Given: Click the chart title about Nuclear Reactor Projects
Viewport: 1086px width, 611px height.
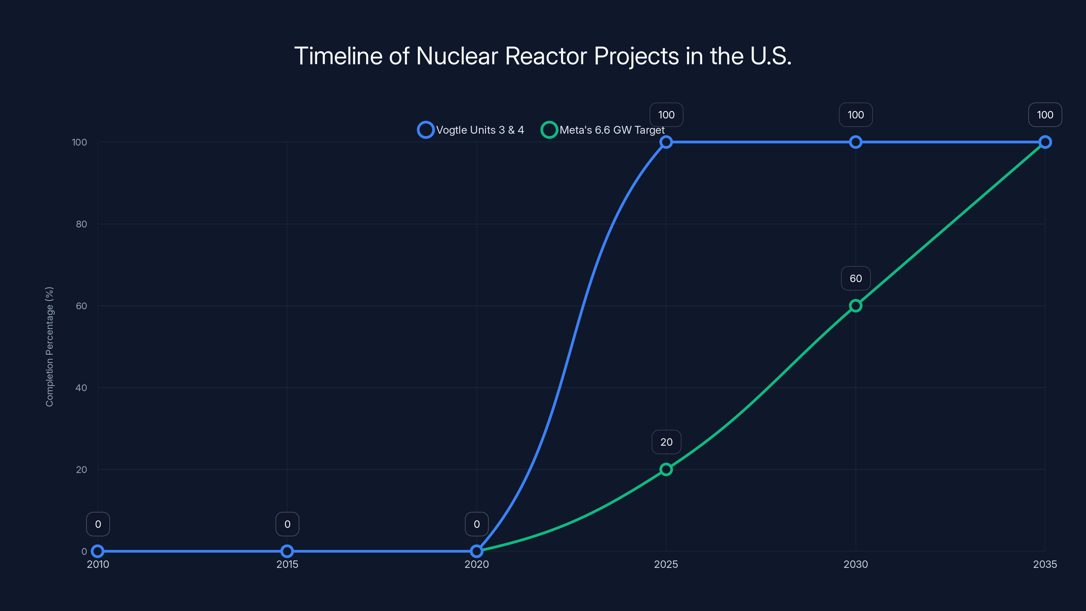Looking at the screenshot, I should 543,56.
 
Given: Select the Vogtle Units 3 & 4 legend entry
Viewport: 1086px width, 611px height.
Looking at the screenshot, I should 471,130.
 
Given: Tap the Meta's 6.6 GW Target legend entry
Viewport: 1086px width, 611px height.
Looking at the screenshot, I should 603,130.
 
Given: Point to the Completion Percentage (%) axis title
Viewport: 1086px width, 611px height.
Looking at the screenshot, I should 49,347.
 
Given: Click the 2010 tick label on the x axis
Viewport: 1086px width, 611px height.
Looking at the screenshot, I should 98,564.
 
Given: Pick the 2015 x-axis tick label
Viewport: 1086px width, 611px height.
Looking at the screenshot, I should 287,564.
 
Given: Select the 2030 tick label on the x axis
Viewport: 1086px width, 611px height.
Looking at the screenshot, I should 855,564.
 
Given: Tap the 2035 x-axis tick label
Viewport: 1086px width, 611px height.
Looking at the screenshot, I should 1045,564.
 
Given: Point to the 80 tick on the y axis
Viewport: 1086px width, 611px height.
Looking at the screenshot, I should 81,224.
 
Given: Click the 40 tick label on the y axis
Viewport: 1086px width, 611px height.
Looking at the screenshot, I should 81,388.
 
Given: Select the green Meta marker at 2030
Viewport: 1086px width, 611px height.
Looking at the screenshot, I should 855,306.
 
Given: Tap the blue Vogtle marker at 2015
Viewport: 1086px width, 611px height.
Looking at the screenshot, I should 287,551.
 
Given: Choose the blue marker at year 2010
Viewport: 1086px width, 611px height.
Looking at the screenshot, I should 98,551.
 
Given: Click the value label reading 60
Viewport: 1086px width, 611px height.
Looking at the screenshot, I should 855,278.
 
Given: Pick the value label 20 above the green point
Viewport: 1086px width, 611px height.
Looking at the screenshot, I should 666,442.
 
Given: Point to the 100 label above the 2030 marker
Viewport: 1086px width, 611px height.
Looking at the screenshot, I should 855,115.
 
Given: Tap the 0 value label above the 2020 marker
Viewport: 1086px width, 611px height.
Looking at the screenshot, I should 476,524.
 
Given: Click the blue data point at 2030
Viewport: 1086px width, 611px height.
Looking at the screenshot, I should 855,142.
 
